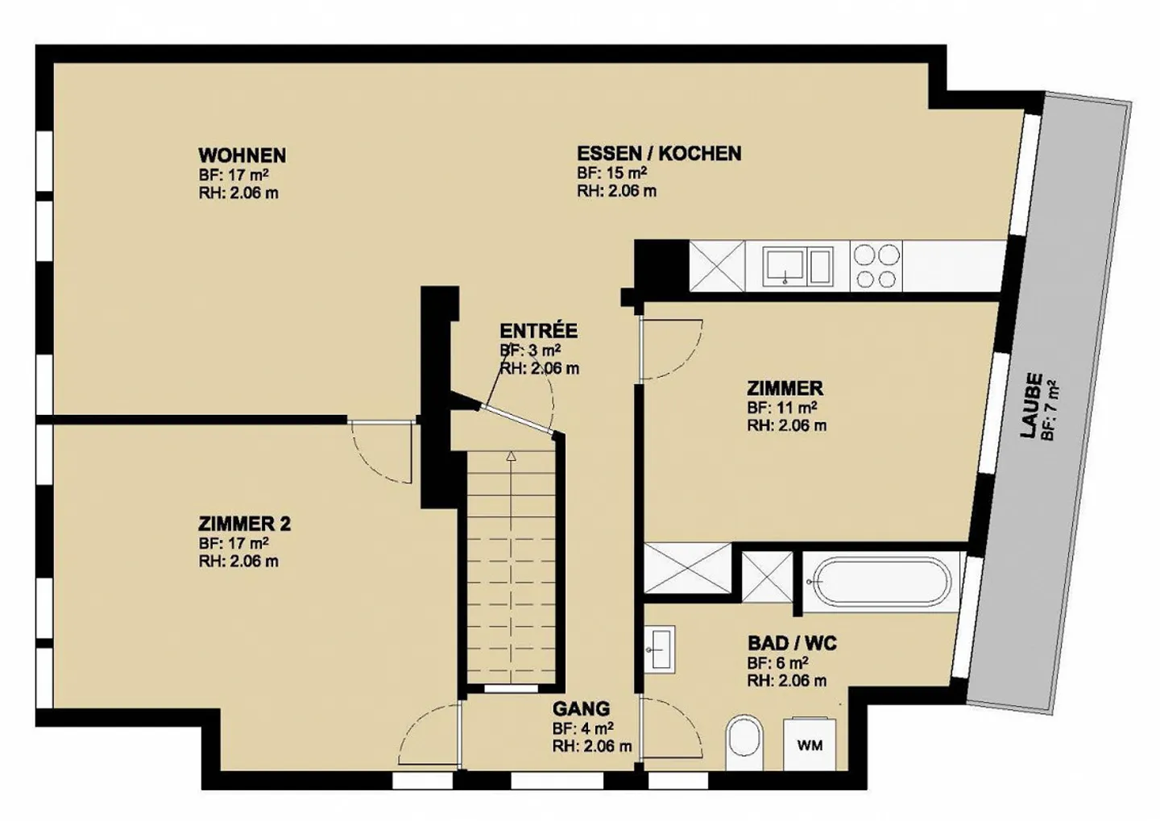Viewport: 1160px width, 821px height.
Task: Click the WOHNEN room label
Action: (x=242, y=155)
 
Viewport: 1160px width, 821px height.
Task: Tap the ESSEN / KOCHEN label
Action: (x=659, y=153)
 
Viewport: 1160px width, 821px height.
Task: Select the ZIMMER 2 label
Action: (x=244, y=524)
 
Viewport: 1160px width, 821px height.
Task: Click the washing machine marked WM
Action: (x=810, y=744)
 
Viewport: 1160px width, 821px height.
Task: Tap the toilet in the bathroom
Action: (x=744, y=744)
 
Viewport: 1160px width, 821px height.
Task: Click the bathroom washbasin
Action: (x=661, y=649)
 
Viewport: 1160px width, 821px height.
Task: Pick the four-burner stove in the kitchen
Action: (x=876, y=265)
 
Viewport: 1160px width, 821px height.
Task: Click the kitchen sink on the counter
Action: (x=798, y=266)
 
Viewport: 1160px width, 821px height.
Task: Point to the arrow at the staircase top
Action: (x=511, y=456)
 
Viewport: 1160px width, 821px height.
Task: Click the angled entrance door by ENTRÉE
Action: (x=517, y=418)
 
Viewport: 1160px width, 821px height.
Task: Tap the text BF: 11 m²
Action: (x=781, y=408)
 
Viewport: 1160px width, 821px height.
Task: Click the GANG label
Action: (x=581, y=708)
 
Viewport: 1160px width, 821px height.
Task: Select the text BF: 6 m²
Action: (x=778, y=663)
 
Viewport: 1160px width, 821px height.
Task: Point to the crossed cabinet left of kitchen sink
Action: (x=717, y=266)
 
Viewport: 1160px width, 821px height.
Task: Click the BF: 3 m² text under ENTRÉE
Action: (x=530, y=350)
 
